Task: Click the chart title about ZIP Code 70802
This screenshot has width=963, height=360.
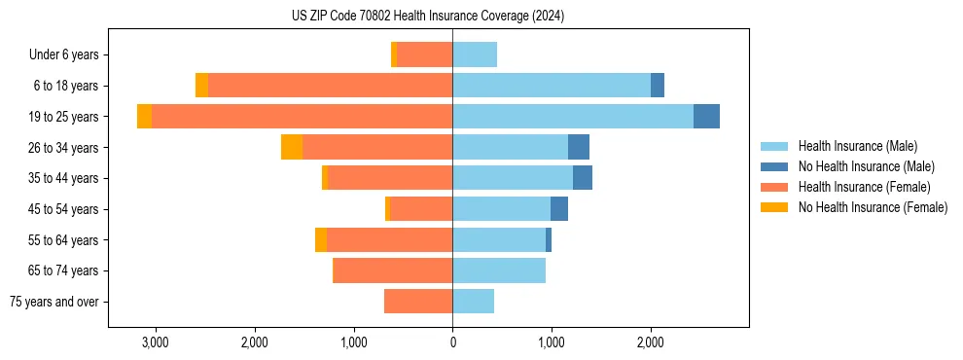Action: [x=427, y=17]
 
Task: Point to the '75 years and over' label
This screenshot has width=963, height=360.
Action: [x=53, y=302]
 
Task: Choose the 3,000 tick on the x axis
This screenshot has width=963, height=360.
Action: [x=156, y=342]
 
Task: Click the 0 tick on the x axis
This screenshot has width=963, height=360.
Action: [x=452, y=342]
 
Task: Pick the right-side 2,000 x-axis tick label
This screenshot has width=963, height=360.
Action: [x=651, y=342]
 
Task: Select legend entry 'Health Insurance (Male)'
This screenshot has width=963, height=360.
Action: [x=857, y=146]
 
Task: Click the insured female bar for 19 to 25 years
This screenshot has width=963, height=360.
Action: [x=302, y=117]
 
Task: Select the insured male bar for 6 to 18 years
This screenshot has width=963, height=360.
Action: [x=552, y=86]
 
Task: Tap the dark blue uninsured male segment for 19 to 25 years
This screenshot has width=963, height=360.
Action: [x=706, y=117]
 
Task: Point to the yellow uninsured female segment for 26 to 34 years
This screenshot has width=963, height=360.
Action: [x=292, y=147]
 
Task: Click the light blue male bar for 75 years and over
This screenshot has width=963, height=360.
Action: [x=473, y=302]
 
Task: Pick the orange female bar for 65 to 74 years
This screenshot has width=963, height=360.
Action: [x=393, y=270]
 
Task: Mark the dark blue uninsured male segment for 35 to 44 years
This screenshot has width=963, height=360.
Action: [x=583, y=178]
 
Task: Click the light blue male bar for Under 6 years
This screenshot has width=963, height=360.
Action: [x=475, y=54]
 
